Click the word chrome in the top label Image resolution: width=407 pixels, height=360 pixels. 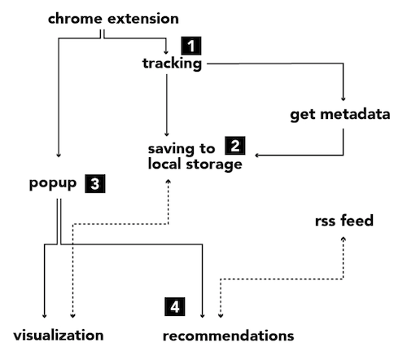pos(75,19)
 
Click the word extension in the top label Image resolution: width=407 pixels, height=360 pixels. pos(143,19)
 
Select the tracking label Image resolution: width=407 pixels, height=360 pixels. pos(173,64)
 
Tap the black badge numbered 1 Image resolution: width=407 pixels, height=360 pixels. pos(191,46)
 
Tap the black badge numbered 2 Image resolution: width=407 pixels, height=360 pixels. pos(235,146)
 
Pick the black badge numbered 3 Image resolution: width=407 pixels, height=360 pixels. pos(95,184)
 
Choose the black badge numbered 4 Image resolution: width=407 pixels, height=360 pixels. pos(175,307)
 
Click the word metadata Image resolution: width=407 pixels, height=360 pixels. pos(355,114)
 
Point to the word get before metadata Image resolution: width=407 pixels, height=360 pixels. pos(302,115)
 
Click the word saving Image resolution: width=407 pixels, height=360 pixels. pos(171,149)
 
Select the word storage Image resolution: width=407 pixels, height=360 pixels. pos(214,165)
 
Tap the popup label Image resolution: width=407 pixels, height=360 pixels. pos(53,184)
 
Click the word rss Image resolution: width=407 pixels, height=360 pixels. pos(325,222)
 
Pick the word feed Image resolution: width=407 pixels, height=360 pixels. pos(357,220)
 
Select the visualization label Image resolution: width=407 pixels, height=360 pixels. pos(59,336)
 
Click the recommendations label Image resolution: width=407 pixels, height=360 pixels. pos(229,336)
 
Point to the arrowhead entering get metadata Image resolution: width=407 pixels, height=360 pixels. pos(344,99)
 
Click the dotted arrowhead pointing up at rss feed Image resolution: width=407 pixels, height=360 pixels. pos(344,239)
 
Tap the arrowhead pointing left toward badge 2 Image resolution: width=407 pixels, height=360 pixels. pos(257,156)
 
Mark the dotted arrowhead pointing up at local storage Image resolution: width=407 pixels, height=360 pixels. pos(168,181)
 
